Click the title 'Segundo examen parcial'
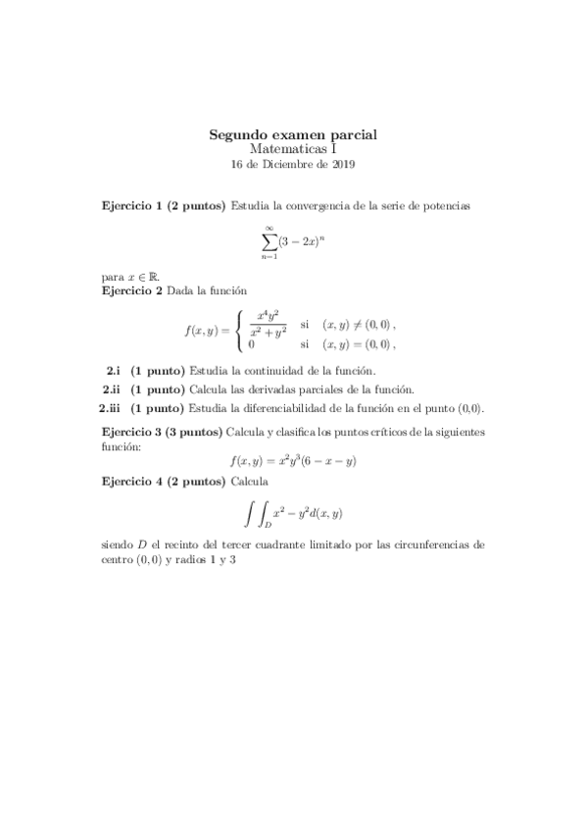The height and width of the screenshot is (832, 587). click(293, 134)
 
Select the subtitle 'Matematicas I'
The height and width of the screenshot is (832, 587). click(293, 149)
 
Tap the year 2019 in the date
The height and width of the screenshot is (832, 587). click(342, 165)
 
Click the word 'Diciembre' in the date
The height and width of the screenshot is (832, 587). click(289, 165)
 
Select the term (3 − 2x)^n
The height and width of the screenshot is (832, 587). click(302, 240)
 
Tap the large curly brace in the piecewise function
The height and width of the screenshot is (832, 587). click(241, 331)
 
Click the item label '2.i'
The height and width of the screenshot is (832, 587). click(114, 371)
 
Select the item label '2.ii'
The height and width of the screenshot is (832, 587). click(113, 390)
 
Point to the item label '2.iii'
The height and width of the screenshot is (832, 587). click(111, 408)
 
